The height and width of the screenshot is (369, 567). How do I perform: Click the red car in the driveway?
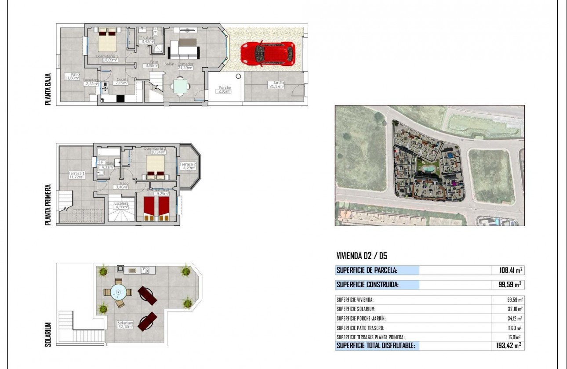click(x=267, y=54)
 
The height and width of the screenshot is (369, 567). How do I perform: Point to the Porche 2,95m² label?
click(x=225, y=90)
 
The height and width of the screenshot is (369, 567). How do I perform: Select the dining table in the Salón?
click(x=181, y=86)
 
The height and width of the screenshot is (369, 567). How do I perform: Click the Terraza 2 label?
click(x=188, y=166)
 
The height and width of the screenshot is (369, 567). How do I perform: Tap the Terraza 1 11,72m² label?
click(x=76, y=175)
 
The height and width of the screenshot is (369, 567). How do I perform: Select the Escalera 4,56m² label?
click(x=121, y=206)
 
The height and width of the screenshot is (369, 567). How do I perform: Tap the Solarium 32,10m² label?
click(x=125, y=325)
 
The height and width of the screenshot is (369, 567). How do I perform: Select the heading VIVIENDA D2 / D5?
click(x=361, y=256)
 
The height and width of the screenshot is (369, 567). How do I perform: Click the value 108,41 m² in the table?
click(x=509, y=270)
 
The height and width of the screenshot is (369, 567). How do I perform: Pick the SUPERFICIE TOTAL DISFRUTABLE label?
click(x=376, y=345)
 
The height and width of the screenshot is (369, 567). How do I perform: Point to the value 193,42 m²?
click(x=508, y=345)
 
